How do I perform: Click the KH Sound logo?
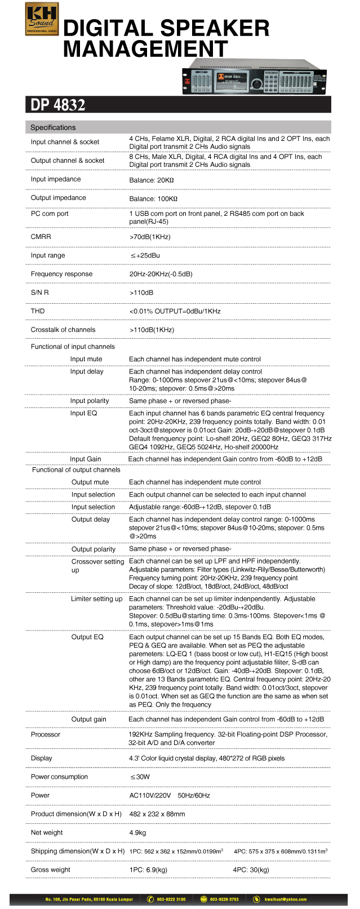pos(42,19)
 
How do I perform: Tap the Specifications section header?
pos(53,127)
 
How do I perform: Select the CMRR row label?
pos(41,237)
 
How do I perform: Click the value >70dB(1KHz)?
pos(150,237)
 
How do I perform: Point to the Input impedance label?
pos(56,179)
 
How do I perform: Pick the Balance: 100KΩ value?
pos(153,198)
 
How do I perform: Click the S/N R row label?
pos(39,292)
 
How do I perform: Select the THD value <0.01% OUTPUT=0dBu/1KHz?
pos(175,311)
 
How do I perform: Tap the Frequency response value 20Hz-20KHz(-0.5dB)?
pos(161,274)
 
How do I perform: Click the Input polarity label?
pos(90,401)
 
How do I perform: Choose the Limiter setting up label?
pos(96,598)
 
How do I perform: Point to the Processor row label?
pos(45,734)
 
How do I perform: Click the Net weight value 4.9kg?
pos(137,832)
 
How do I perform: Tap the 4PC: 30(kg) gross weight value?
pos(251,870)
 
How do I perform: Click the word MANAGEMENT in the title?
pos(145,48)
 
